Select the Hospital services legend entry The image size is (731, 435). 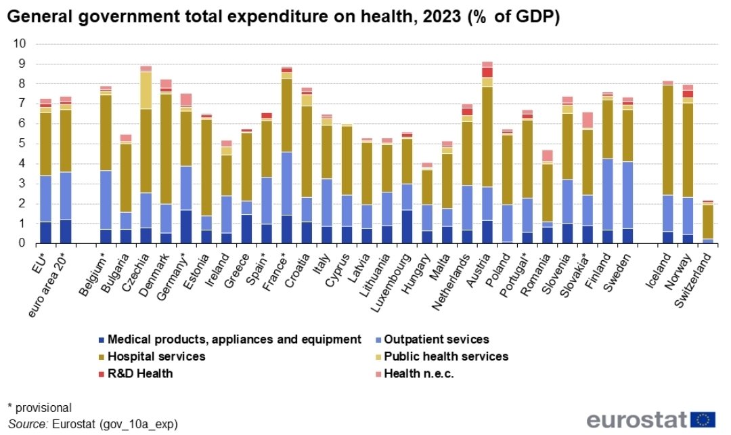[x=151, y=356]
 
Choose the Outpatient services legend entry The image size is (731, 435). [x=431, y=339]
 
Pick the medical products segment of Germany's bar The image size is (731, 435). [x=185, y=226]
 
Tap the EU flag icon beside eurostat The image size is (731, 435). [x=704, y=419]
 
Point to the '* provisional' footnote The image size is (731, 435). [x=39, y=407]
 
